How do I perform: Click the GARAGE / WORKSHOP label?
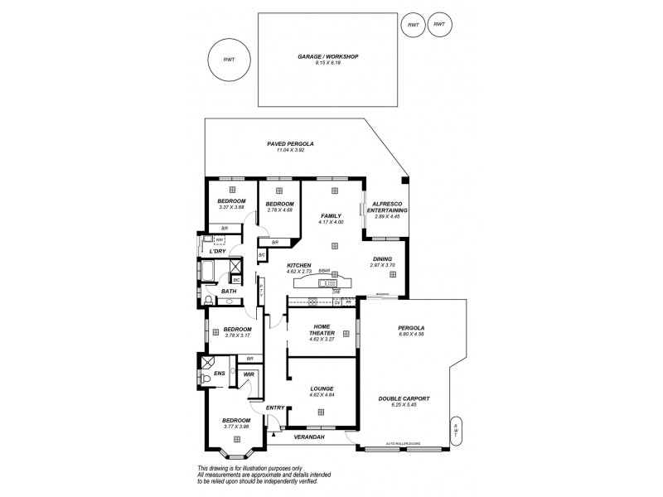(x=334, y=57)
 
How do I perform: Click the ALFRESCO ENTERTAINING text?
(x=387, y=207)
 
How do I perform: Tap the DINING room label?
(x=382, y=258)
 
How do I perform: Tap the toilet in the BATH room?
(x=208, y=301)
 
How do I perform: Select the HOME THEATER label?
(x=322, y=330)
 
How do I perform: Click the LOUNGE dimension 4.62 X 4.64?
(x=322, y=393)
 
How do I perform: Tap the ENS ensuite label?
(x=220, y=374)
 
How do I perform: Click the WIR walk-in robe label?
(x=249, y=374)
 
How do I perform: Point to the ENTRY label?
(x=275, y=407)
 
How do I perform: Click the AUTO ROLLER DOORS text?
(x=404, y=444)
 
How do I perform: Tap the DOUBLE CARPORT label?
(x=404, y=398)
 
